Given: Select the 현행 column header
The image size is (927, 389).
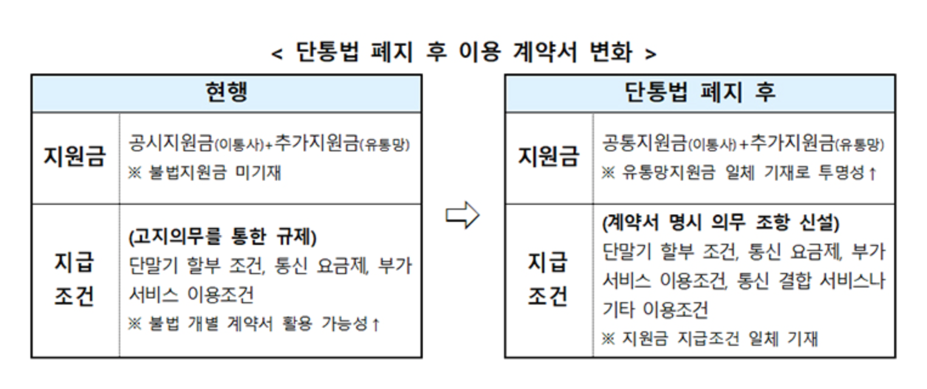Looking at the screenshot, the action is coord(226,93).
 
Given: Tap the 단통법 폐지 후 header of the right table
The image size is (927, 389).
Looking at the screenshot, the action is coord(700,93).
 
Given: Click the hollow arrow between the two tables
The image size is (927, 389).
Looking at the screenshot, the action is coord(463,216).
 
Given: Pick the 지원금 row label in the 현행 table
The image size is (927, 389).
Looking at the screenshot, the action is coord(75,157).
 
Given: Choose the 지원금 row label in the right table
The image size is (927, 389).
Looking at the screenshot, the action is coord(549,157).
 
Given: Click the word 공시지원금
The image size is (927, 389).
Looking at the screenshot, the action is coord(171,143).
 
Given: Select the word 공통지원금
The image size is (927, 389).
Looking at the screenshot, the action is coord(645,143).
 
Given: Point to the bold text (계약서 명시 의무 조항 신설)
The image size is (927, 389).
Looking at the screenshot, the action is coord(720,224).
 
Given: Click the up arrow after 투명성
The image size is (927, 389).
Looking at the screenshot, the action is coord(872,174).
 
